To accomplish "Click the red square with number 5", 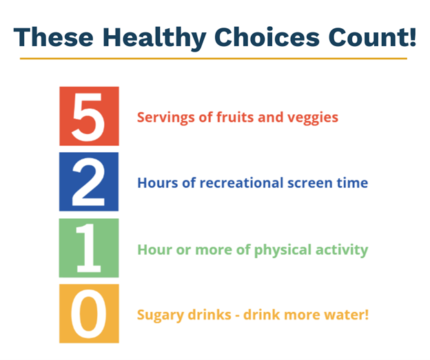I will [x=89, y=116].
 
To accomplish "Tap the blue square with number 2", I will [x=89, y=182].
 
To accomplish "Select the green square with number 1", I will [x=89, y=248].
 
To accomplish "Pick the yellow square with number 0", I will [x=89, y=314].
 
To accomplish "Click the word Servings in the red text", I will [x=163, y=118].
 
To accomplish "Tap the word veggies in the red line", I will [x=314, y=118].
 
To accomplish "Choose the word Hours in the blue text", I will [x=156, y=184].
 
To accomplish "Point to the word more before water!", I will [x=306, y=315].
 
